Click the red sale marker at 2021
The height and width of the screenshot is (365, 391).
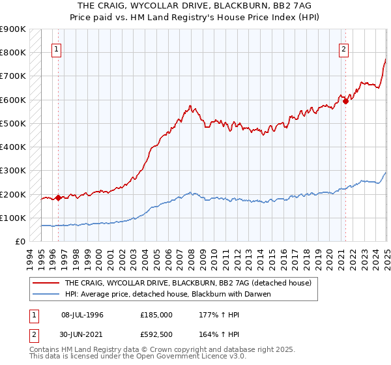[x=345, y=101]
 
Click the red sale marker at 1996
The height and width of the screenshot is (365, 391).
[x=58, y=197]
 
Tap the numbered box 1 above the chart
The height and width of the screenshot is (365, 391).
[x=57, y=48]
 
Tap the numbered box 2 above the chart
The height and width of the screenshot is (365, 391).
[x=343, y=48]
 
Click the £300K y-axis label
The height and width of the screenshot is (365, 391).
[x=13, y=171]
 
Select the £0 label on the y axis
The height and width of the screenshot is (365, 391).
[x=19, y=242]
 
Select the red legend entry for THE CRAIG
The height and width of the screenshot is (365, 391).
[x=188, y=284]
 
